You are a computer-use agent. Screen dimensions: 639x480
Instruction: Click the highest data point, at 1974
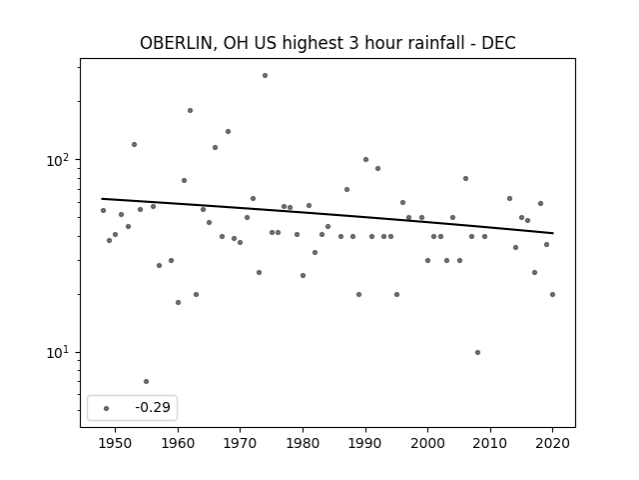point(265,76)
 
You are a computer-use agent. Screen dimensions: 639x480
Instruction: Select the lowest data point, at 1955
point(147,382)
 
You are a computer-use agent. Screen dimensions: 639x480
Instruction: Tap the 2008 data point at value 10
point(477,352)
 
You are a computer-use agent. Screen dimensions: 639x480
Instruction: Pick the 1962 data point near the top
point(190,111)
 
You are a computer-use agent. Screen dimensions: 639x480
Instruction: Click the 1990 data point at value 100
point(365,160)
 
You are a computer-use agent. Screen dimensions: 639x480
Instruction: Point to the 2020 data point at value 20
point(552,294)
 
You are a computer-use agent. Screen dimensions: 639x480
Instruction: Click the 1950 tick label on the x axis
point(116,443)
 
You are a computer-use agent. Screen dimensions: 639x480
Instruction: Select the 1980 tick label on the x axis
point(303,443)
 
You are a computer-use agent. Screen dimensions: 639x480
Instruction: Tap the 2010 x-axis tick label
point(490,443)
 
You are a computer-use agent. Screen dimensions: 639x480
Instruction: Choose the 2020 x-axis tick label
point(552,443)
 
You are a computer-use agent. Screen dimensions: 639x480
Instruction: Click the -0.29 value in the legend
point(153,407)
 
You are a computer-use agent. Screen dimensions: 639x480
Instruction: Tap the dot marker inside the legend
point(107,408)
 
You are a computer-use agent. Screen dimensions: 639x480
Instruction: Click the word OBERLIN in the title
point(176,43)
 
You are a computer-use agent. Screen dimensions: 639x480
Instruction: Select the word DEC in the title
point(498,43)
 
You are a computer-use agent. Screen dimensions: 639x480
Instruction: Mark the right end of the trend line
point(553,233)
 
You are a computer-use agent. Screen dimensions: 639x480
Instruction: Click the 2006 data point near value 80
point(466,178)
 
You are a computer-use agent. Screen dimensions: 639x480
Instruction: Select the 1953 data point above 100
point(134,144)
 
